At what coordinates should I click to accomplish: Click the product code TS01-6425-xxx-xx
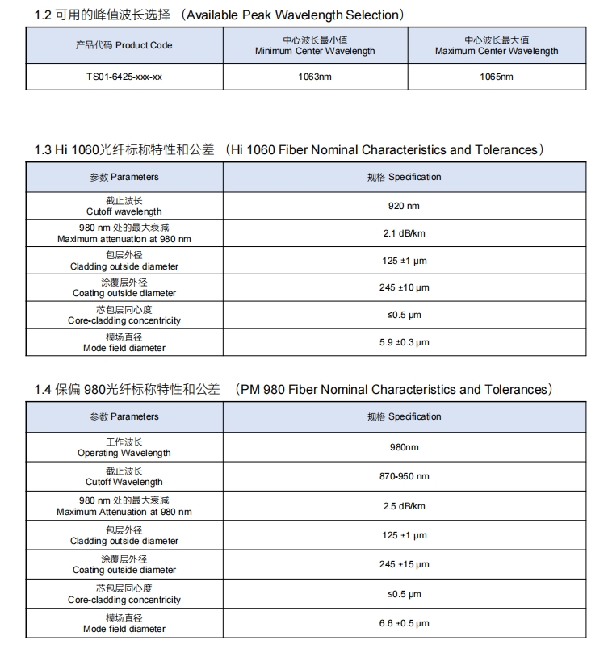(124, 77)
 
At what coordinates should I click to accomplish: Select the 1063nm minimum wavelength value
(315, 77)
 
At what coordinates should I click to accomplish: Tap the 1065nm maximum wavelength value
(496, 77)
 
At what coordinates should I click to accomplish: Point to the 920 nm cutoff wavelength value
(404, 206)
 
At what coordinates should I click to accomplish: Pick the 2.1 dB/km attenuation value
(404, 233)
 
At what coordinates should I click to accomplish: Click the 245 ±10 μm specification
(404, 288)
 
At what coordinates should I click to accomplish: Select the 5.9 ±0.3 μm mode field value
(404, 342)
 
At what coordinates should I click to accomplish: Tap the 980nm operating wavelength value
(404, 446)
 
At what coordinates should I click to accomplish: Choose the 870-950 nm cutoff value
(404, 476)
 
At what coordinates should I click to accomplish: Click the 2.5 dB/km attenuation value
(404, 506)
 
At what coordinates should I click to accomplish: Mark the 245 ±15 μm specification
(404, 564)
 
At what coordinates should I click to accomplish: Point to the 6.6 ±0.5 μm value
(404, 623)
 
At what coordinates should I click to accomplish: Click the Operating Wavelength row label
(124, 453)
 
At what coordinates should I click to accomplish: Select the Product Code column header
(124, 46)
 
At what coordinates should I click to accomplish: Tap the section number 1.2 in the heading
(43, 15)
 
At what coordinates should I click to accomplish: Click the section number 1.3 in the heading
(43, 150)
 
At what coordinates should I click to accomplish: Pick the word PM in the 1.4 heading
(251, 390)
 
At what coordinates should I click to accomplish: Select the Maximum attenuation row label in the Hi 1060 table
(124, 239)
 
